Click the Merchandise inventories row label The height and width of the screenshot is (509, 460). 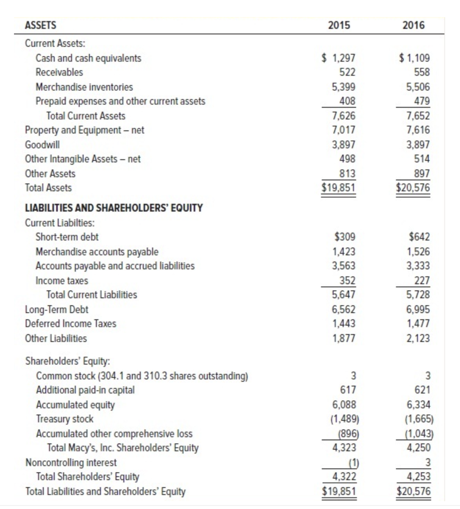pos(84,87)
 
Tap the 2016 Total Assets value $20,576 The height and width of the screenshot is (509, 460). pos(411,188)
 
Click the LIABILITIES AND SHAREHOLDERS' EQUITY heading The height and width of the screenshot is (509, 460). pos(114,208)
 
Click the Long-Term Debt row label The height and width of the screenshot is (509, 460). pos(57,309)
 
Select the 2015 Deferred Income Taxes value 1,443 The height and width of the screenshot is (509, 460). pos(344,324)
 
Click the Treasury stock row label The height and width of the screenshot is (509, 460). pos(64,419)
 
